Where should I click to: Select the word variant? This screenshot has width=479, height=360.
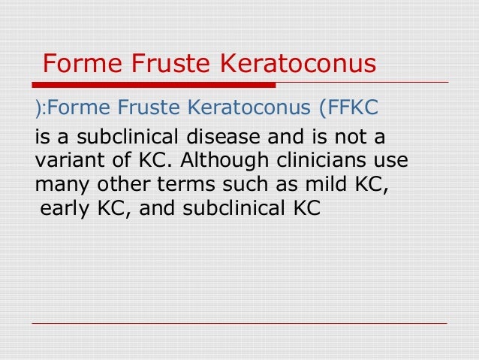pyautogui.click(x=65, y=162)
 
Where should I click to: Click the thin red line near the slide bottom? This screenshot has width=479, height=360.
pyautogui.click(x=239, y=323)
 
